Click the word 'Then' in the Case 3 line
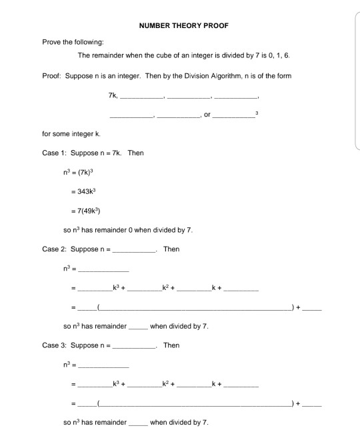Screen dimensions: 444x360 (x=171, y=345)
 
